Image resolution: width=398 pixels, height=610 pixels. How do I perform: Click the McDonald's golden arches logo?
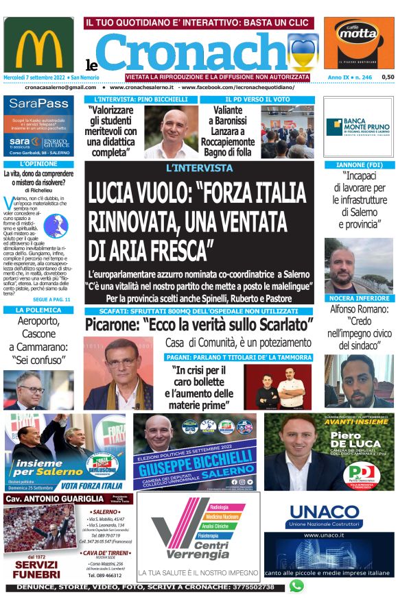click(38, 45)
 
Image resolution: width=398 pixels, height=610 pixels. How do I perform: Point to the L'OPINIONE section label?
click(38, 164)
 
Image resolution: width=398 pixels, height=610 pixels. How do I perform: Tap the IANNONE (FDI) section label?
click(359, 165)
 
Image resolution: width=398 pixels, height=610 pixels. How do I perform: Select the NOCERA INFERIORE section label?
click(359, 298)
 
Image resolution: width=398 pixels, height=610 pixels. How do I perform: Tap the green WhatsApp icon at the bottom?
click(296, 587)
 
